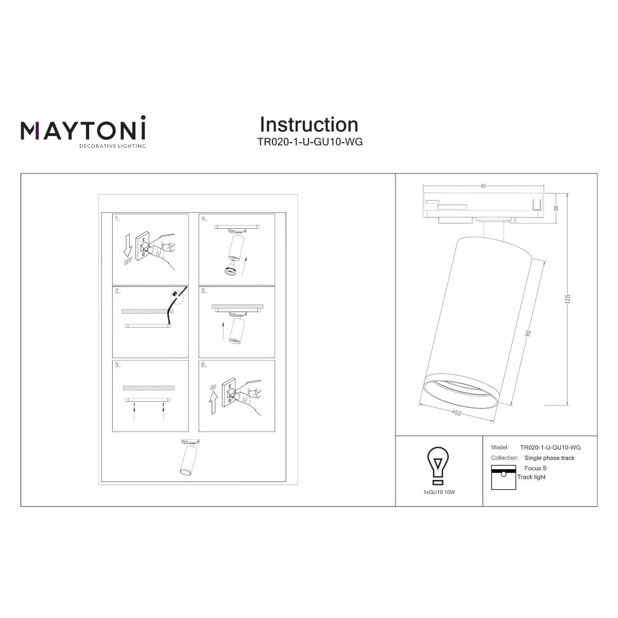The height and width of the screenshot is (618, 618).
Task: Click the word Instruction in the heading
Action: pyautogui.click(x=309, y=125)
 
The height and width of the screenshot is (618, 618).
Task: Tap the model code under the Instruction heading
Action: pyautogui.click(x=310, y=142)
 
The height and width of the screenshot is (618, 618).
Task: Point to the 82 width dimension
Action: pyautogui.click(x=483, y=186)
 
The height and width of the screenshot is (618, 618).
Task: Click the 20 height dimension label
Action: pyautogui.click(x=556, y=208)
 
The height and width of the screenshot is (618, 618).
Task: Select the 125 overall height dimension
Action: pyautogui.click(x=568, y=299)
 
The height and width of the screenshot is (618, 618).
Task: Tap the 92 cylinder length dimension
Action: pyautogui.click(x=528, y=333)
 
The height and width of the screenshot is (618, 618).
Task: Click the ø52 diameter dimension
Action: pyautogui.click(x=456, y=413)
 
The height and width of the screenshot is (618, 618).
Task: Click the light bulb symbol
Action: pyautogui.click(x=437, y=466)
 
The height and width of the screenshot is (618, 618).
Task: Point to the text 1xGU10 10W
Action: pyautogui.click(x=439, y=492)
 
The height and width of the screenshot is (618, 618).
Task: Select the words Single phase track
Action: pyautogui.click(x=550, y=458)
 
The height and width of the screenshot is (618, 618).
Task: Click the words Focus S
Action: pyautogui.click(x=535, y=468)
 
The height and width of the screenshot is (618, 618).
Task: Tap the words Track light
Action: pyautogui.click(x=531, y=477)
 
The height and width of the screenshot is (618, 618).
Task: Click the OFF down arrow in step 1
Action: pyautogui.click(x=128, y=245)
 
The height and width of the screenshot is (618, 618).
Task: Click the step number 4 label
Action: pyautogui.click(x=204, y=219)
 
